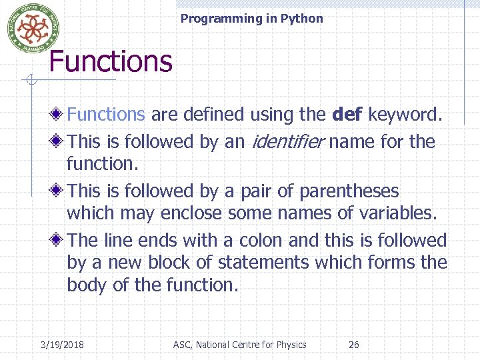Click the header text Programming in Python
coord(251,19)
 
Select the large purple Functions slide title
coord(111,61)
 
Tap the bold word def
coord(347,115)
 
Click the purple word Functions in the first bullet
coord(106,115)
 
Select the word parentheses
coord(349,191)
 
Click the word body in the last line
coord(86,285)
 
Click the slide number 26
coord(354,345)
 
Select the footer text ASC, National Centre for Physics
coord(239,345)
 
